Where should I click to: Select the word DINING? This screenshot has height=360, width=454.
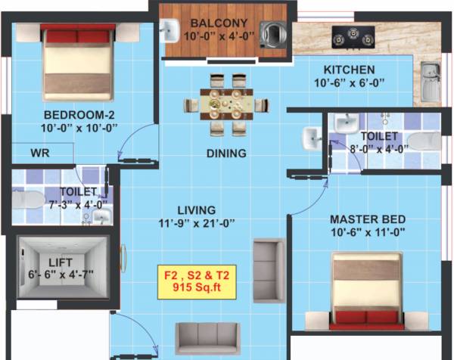(x=226, y=154)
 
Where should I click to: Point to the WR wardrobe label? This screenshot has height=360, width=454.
(x=40, y=153)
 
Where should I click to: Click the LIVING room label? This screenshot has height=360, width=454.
(x=197, y=209)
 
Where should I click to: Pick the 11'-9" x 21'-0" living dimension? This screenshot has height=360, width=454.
(x=197, y=222)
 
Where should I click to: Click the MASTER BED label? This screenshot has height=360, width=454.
(x=365, y=219)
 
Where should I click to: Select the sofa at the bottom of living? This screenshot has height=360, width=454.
(x=207, y=340)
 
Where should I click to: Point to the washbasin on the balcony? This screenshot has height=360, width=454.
(x=169, y=30)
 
